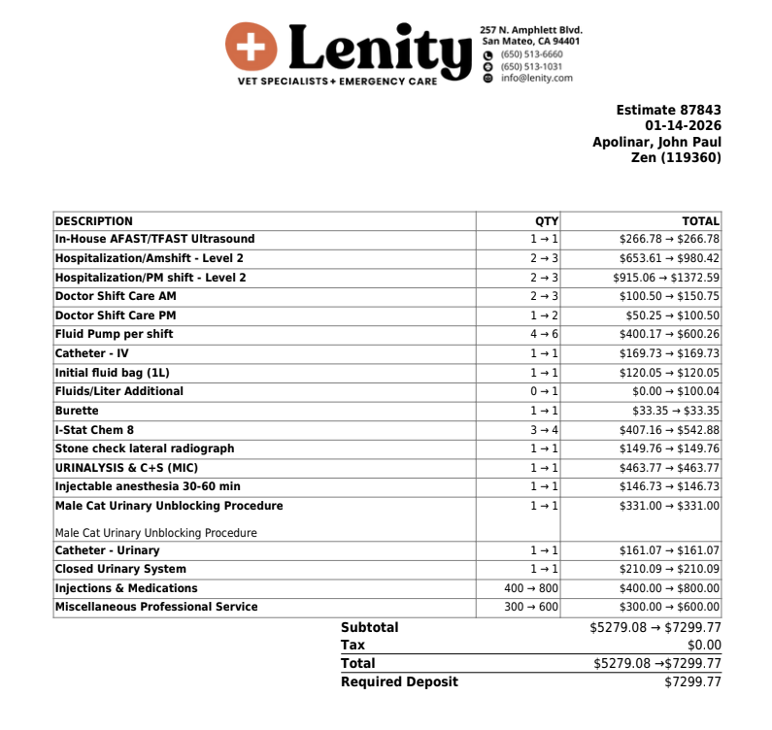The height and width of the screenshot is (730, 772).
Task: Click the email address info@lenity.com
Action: click(536, 78)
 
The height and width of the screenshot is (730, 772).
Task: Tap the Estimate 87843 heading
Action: click(668, 111)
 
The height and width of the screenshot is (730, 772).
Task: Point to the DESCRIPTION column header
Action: click(94, 220)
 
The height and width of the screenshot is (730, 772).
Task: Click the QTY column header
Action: click(546, 220)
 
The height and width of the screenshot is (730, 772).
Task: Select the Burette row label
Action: click(77, 411)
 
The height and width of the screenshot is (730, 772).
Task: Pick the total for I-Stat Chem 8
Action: click(669, 430)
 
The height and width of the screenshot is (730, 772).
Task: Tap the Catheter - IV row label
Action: click(91, 353)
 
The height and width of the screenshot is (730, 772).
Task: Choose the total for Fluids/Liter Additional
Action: click(669, 392)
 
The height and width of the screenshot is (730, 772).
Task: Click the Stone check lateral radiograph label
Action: click(145, 448)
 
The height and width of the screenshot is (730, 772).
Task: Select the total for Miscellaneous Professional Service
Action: click(669, 608)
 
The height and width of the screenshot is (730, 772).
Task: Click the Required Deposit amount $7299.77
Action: click(692, 681)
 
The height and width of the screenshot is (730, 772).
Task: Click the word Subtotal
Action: click(369, 627)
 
